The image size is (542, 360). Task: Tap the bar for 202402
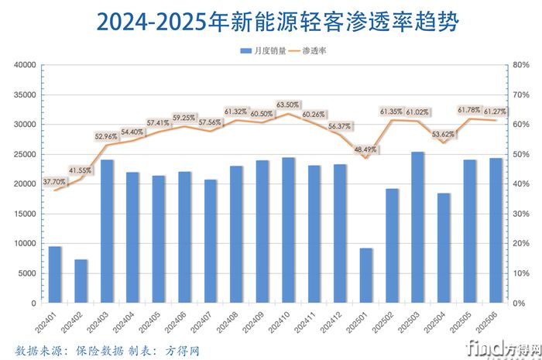81,281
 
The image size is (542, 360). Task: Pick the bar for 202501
365,276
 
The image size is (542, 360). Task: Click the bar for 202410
288,230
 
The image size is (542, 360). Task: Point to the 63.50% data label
288,105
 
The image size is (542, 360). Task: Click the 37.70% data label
54,181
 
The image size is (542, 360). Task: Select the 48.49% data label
366,149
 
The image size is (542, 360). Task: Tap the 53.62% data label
444,134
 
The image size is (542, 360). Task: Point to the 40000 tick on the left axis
26,65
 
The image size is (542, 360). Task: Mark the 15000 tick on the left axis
26,214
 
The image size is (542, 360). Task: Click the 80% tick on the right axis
518,65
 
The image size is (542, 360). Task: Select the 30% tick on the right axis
518,214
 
